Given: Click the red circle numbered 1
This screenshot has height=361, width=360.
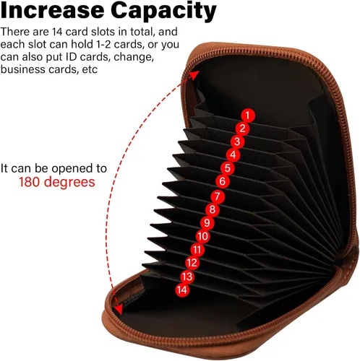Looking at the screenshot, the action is tap(248, 116).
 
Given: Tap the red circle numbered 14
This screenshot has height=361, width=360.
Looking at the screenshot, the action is tap(182, 290).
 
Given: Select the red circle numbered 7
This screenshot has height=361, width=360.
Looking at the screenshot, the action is tap(218, 196).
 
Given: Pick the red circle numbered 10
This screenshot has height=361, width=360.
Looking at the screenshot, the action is tap(202, 236).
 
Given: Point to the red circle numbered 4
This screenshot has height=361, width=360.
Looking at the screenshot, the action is tap(233, 155).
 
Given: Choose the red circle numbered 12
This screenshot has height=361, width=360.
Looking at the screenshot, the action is tap(192, 263).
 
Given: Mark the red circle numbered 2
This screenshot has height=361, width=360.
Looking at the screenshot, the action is tap(242, 129).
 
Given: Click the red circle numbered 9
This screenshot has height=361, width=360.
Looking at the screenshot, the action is tap(207, 223).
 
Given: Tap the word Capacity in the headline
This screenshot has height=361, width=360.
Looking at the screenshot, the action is tap(164, 11).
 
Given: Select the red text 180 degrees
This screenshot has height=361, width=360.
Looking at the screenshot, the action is tap(57, 182).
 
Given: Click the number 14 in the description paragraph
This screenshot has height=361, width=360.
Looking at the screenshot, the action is tap(57, 32).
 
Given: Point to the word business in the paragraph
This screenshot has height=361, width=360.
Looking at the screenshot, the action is tap(23, 69).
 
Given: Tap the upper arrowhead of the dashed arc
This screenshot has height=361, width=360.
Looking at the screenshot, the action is tap(195, 74).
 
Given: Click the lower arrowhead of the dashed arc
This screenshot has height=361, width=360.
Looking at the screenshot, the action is tap(118, 309).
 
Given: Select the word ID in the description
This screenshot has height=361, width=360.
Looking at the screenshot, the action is tap(70, 57).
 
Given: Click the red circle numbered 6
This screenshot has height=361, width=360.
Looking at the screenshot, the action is tap(222, 181).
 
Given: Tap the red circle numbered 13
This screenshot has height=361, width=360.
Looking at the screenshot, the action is tap(187, 277).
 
